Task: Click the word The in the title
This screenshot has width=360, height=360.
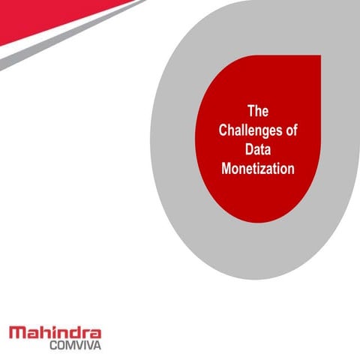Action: click(258, 111)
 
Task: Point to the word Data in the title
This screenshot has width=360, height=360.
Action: click(258, 149)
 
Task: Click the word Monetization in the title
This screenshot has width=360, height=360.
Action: click(258, 169)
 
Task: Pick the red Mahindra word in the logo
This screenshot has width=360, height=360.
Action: click(55, 332)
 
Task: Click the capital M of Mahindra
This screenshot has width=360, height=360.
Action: click(16, 332)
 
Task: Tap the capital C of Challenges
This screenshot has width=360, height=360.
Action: click(223, 130)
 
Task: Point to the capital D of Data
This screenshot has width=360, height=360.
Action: click(249, 149)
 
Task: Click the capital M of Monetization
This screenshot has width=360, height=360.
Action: click(226, 169)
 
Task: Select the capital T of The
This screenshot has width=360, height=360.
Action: click(251, 111)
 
